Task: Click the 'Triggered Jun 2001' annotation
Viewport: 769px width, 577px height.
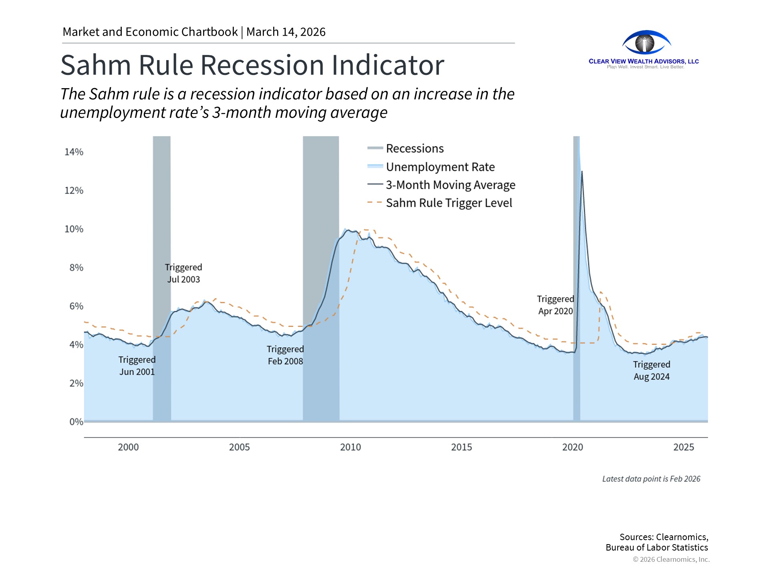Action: [x=137, y=365]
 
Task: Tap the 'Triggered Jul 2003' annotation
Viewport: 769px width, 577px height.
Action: [x=183, y=273]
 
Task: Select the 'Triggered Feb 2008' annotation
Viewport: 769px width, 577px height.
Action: [x=285, y=355]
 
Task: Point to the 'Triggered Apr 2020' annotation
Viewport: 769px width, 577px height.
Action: [x=556, y=305]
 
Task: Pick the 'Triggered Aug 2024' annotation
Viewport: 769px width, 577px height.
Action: [x=652, y=370]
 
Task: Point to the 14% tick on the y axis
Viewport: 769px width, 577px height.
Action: [x=74, y=152]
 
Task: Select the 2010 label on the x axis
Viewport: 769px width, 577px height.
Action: [x=350, y=447]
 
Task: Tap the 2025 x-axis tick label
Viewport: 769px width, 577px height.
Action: [x=684, y=447]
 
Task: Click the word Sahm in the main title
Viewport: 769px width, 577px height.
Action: [x=96, y=65]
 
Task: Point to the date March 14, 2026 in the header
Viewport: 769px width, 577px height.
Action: [x=286, y=32]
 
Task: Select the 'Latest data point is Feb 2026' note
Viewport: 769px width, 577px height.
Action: [x=651, y=479]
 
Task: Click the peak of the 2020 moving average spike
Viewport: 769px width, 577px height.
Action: [x=582, y=171]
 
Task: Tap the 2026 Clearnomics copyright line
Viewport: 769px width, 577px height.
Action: [x=671, y=559]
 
